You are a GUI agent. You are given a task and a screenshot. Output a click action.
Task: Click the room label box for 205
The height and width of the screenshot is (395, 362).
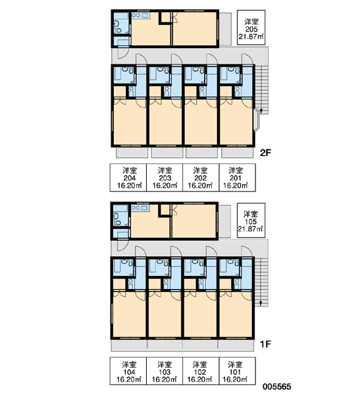[251, 28]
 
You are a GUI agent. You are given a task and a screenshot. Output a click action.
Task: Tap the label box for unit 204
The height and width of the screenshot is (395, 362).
[128, 177]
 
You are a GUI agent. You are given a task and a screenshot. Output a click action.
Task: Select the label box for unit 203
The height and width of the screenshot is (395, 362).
[165, 177]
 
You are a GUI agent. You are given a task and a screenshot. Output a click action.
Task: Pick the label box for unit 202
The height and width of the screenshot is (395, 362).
[201, 177]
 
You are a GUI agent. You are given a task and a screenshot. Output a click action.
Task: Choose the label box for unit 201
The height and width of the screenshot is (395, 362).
[238, 177]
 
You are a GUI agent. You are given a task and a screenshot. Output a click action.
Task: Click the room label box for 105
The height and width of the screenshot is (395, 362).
[251, 220]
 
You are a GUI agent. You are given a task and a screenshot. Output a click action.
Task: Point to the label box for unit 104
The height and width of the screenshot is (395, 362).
[128, 371]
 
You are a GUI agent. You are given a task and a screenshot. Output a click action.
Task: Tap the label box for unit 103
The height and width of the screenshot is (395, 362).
[165, 371]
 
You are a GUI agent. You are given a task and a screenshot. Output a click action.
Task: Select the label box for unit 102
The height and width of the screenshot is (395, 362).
[201, 371]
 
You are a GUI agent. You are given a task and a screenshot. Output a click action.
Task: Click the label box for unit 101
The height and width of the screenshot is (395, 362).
[238, 371]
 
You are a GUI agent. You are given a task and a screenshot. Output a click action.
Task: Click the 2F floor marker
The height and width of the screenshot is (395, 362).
[265, 153]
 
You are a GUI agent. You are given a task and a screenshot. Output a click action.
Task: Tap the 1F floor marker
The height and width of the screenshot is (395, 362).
[265, 344]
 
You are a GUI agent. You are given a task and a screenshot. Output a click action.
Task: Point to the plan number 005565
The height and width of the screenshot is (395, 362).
[277, 386]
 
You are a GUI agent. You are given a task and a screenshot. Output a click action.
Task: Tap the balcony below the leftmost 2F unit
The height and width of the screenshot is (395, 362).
[132, 153]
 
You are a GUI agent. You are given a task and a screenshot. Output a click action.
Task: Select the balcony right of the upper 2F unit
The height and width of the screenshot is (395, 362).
[224, 29]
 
